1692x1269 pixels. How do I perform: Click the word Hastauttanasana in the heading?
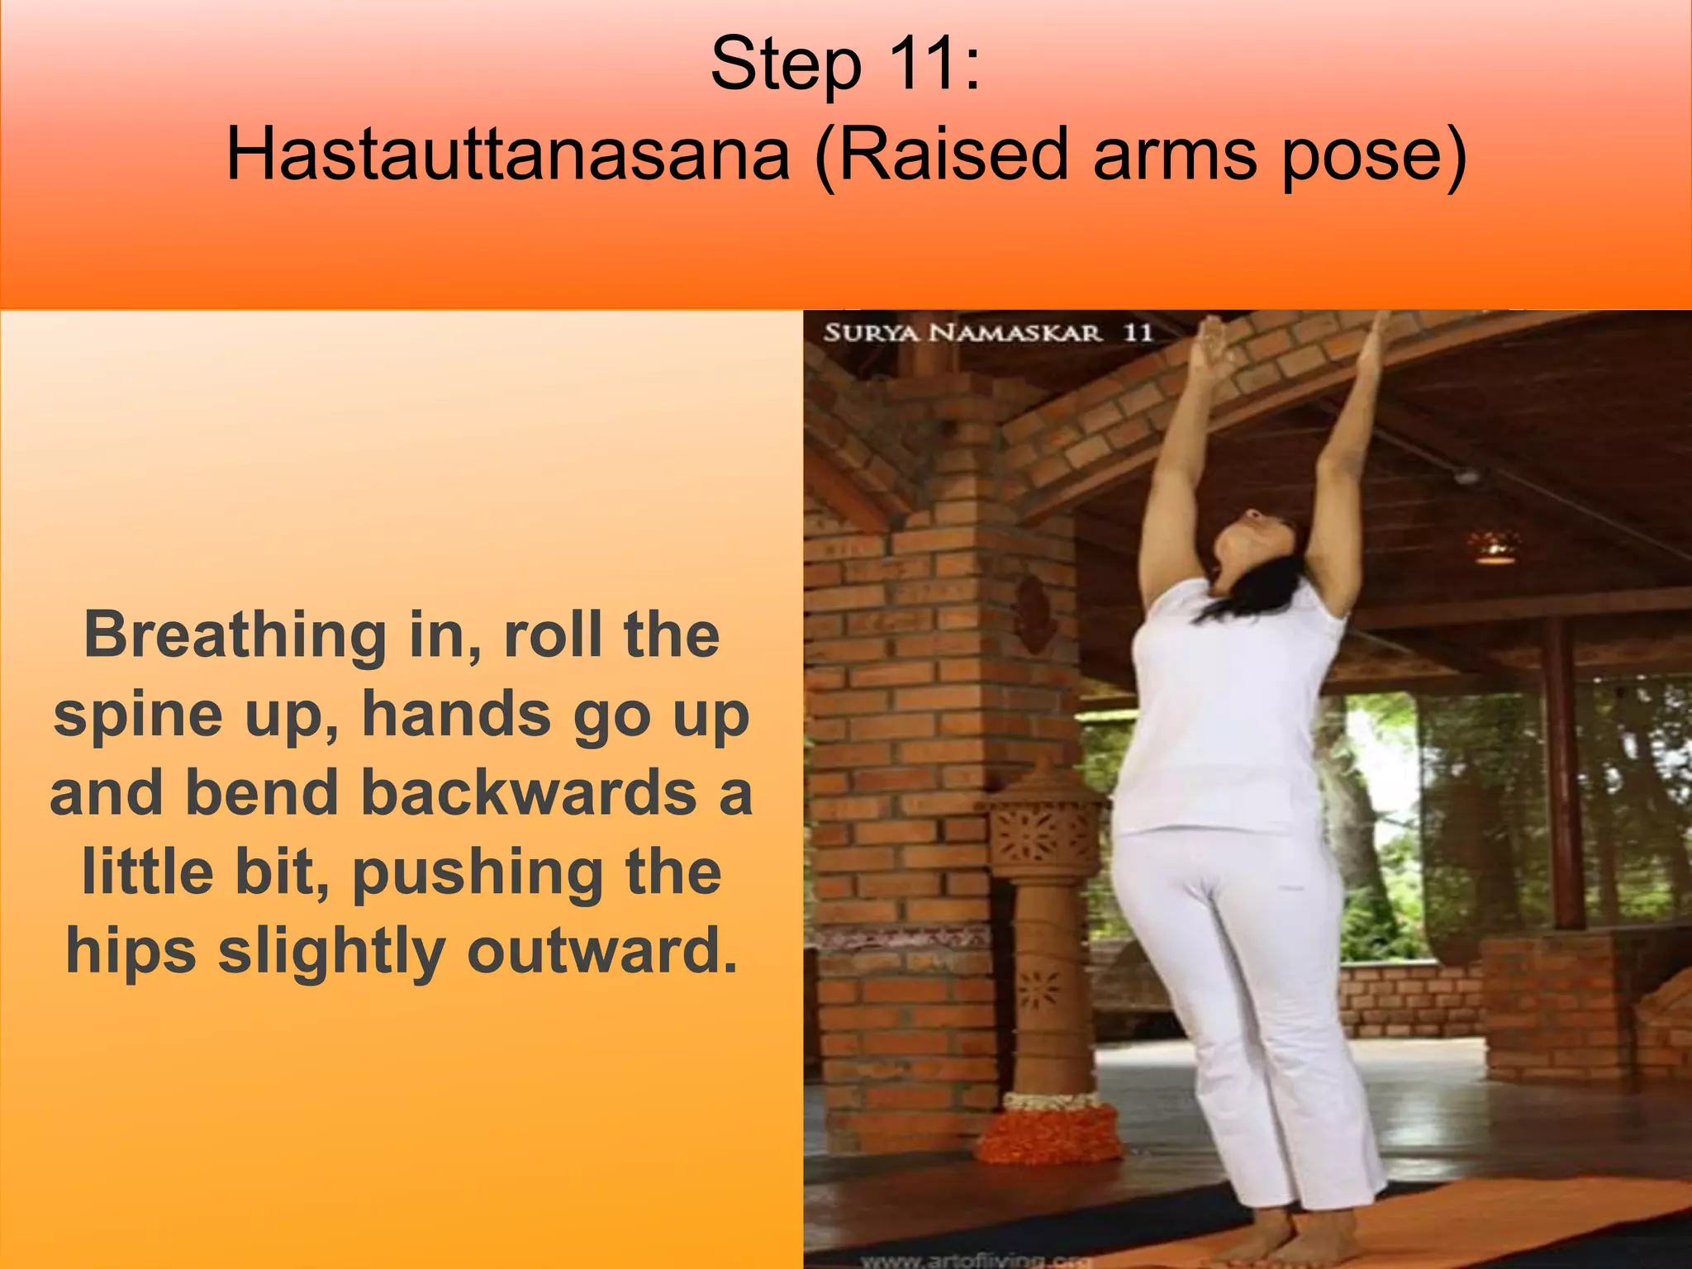coord(507,154)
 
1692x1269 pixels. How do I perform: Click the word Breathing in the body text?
coord(235,636)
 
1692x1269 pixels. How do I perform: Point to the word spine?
coord(137,715)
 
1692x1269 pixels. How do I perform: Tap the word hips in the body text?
coord(131,952)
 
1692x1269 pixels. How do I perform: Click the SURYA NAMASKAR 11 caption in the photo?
coord(987,333)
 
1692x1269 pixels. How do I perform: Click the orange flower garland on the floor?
coord(1049,1132)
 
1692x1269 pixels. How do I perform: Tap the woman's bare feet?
coord(1289,1239)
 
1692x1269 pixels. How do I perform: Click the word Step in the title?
coord(785,64)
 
